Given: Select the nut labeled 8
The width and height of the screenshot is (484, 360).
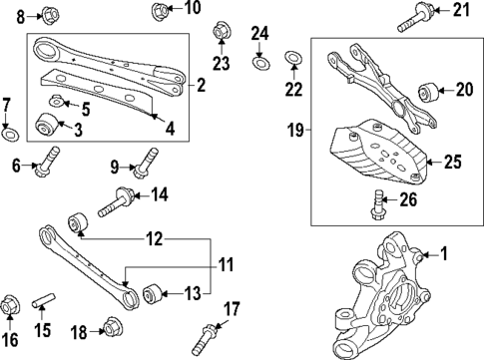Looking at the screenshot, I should [51, 15].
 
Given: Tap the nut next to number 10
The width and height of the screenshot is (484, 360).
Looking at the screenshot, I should [160, 12].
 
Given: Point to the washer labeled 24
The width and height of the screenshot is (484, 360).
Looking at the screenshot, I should [259, 64].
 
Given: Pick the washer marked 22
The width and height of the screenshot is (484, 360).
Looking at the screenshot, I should [294, 59].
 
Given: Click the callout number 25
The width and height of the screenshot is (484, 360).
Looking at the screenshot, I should [453, 160].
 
